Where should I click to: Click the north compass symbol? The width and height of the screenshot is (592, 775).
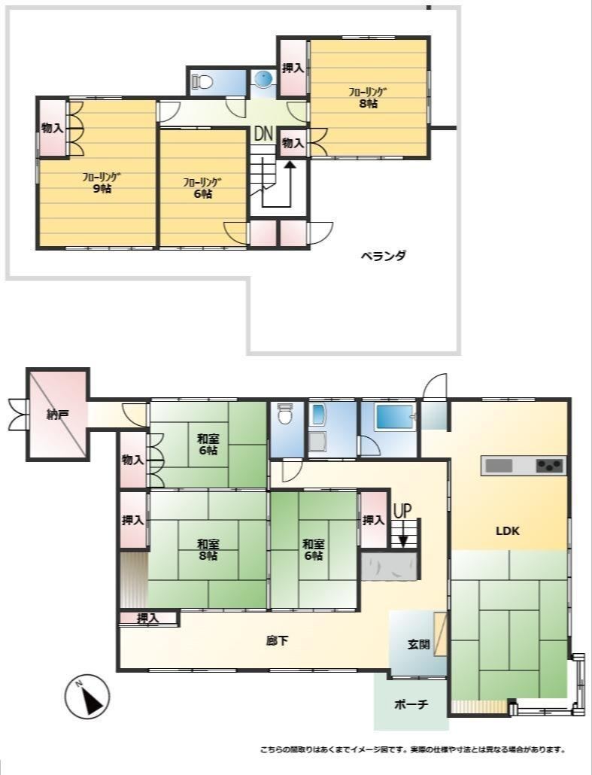coord(87,697)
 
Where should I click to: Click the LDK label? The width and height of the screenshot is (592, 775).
coord(508,530)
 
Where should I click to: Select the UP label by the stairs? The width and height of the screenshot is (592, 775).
coord(402,511)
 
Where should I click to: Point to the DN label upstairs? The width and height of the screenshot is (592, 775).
coord(263,133)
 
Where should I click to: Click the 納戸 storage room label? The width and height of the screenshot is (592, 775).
coord(57,415)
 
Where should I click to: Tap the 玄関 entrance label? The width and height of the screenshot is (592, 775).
coord(418,644)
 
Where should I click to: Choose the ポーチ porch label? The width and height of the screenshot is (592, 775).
coord(411,704)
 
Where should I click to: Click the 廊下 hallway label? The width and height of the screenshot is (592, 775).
coord(278,641)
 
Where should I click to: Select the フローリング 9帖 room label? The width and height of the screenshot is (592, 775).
coord(102,182)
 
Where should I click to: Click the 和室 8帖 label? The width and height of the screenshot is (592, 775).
coord(208,549)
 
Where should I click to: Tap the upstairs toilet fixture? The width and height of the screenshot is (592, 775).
coord(202,81)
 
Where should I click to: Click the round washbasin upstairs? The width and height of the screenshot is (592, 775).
coord(263,78)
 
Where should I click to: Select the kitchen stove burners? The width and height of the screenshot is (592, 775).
coord(550,465)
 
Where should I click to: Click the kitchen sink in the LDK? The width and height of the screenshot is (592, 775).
coord(499,465)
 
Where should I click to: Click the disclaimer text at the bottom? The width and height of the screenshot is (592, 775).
coord(413,749)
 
